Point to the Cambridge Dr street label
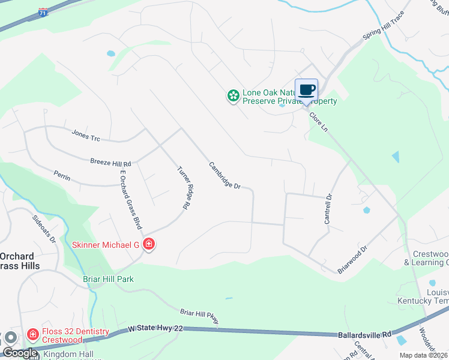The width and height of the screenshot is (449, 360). [224, 176]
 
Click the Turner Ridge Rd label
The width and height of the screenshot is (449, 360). [184, 188]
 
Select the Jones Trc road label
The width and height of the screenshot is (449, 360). [86, 136]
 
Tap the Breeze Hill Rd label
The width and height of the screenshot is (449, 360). [110, 163]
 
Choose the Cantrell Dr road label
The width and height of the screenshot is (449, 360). [328, 209]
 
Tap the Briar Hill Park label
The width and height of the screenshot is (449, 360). [108, 279]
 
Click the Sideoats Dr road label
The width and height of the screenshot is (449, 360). [44, 229]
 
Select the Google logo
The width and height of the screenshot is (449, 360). [19, 353]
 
